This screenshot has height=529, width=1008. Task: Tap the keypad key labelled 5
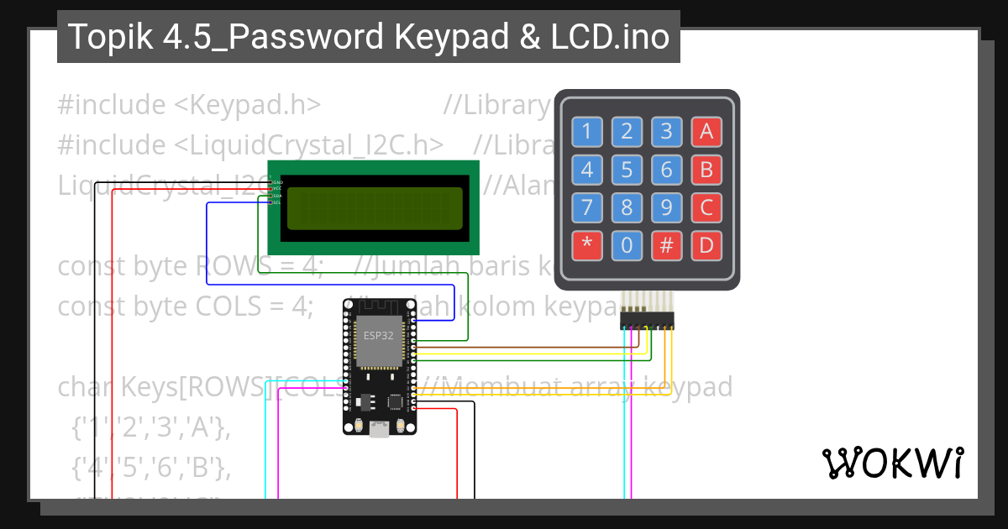pyautogui.click(x=627, y=170)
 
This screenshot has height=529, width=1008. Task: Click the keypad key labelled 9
pyautogui.click(x=666, y=207)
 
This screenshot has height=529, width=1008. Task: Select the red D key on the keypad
pyautogui.click(x=706, y=245)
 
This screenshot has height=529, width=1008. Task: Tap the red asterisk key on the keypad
pyautogui.click(x=586, y=245)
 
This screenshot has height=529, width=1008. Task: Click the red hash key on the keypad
pyautogui.click(x=666, y=245)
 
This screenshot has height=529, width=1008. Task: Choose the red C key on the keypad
pyautogui.click(x=706, y=207)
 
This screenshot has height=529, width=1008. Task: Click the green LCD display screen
pyautogui.click(x=375, y=208)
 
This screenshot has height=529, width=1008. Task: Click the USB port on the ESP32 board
pyautogui.click(x=379, y=430)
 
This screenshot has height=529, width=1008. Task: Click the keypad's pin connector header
pyautogui.click(x=647, y=320)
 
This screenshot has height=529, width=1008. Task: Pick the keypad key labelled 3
pyautogui.click(x=666, y=131)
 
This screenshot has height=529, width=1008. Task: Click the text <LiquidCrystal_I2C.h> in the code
pyautogui.click(x=309, y=144)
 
